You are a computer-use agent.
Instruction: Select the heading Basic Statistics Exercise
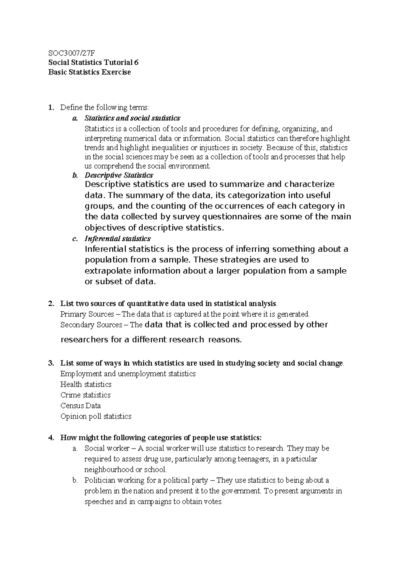(x=89, y=72)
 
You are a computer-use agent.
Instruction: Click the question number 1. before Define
(x=50, y=107)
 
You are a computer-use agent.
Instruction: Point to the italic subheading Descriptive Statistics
(x=119, y=175)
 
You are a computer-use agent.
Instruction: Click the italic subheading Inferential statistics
(x=117, y=239)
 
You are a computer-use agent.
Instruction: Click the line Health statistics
(x=86, y=384)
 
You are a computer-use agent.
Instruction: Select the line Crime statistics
(x=85, y=395)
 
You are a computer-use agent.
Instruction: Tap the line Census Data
(x=80, y=406)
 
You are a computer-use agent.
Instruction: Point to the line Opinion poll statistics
(x=96, y=416)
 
